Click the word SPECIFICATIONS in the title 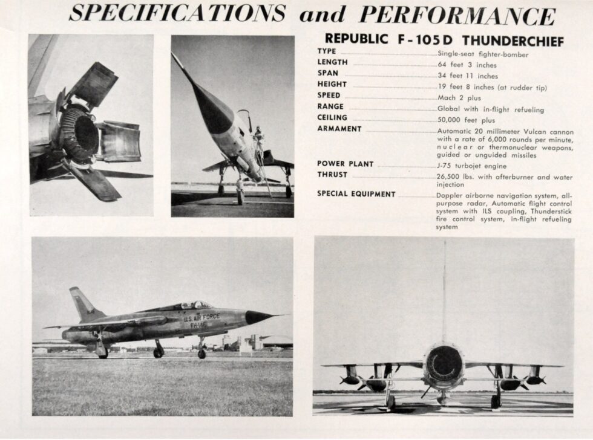coord(177,13)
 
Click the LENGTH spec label coord(332,62)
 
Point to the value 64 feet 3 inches coord(467,65)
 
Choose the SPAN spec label coord(328,73)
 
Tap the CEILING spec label coord(332,117)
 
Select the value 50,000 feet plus coord(465,121)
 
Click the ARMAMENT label coord(339,129)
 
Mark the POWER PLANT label coord(345,164)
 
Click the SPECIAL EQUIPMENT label coord(356,194)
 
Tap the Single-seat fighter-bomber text coord(474,54)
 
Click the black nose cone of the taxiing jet coord(257,317)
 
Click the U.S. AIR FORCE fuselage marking coord(201,317)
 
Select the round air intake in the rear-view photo coord(444,364)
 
